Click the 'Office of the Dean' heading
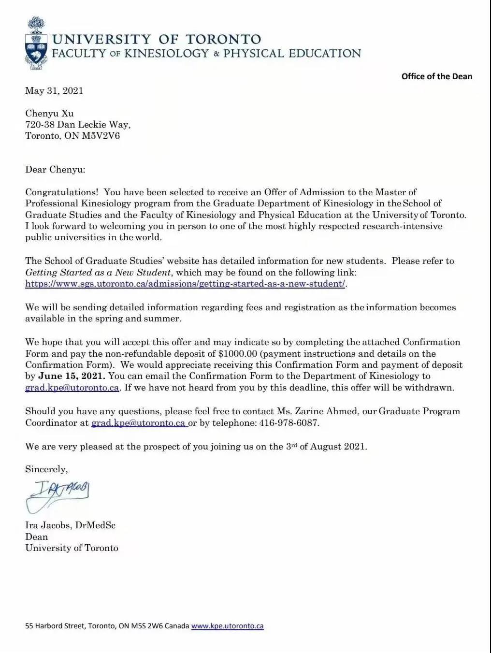pos(436,76)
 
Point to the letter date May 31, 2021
pos(54,91)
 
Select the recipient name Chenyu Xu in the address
pos(49,114)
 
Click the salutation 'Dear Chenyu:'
pos(55,170)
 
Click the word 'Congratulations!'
pos(62,192)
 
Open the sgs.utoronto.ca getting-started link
pos(185,284)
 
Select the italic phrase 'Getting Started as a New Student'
pos(98,273)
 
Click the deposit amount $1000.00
pos(237,354)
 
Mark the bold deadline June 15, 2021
pos(72,376)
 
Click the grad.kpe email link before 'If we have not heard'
pos(72,388)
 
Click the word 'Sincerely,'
pos(46,469)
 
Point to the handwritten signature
pos(58,495)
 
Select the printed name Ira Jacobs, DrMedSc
pos(70,525)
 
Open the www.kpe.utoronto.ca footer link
pos(227,626)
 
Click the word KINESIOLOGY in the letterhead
pos(166,54)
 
